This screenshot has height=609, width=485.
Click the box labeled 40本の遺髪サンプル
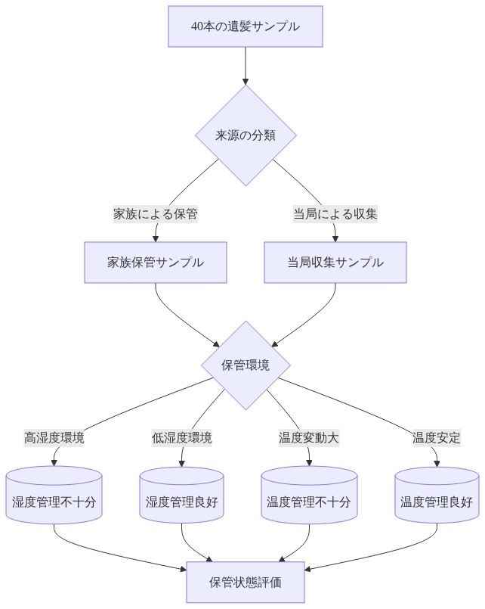coord(246,26)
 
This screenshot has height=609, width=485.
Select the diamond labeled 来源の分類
coord(246,135)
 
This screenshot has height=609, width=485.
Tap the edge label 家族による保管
coord(156,213)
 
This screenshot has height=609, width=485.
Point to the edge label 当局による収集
coord(335,213)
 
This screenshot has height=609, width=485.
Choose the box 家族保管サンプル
coord(156,263)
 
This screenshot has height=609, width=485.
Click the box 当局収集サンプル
coord(335,263)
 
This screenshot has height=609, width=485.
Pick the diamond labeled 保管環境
coord(246,365)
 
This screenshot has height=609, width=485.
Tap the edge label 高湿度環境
coord(54,437)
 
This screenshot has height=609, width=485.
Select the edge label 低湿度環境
coord(182,437)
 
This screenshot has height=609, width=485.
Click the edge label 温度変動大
coord(309,437)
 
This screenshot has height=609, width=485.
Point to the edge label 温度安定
coord(437,437)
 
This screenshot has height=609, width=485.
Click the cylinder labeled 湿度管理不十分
coord(54,502)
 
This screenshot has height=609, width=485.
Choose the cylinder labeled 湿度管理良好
coord(182,502)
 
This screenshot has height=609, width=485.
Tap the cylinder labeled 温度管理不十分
coord(309,502)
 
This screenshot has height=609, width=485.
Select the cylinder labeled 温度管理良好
coord(437,502)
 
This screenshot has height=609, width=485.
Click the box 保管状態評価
coord(246,582)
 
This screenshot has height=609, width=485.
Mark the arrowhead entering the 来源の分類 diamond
coord(246,80)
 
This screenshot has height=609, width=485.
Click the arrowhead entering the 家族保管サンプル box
coord(156,238)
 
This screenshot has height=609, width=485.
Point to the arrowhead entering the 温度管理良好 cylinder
coord(437,463)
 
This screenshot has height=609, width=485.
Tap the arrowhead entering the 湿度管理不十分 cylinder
coord(54,462)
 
